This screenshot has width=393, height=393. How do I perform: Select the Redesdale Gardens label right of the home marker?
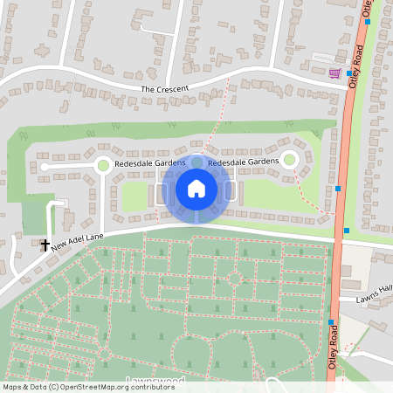[243, 162]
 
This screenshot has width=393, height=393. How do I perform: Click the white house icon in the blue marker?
[196, 188]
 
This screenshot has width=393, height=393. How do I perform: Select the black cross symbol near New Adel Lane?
[45, 245]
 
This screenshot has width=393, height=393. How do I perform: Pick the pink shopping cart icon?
[334, 73]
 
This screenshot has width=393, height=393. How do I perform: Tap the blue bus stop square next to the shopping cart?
[348, 73]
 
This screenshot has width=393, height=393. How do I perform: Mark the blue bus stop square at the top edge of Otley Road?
[368, 21]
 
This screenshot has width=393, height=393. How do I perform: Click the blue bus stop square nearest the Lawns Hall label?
[330, 321]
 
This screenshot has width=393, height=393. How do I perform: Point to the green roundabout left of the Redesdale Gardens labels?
[103, 164]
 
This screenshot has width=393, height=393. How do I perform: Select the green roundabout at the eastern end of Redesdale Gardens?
[290, 160]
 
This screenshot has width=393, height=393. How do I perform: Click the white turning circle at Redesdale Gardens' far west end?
[43, 166]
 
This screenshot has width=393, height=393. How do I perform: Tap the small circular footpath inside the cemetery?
[234, 280]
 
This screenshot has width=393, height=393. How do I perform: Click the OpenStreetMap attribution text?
[76, 387]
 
